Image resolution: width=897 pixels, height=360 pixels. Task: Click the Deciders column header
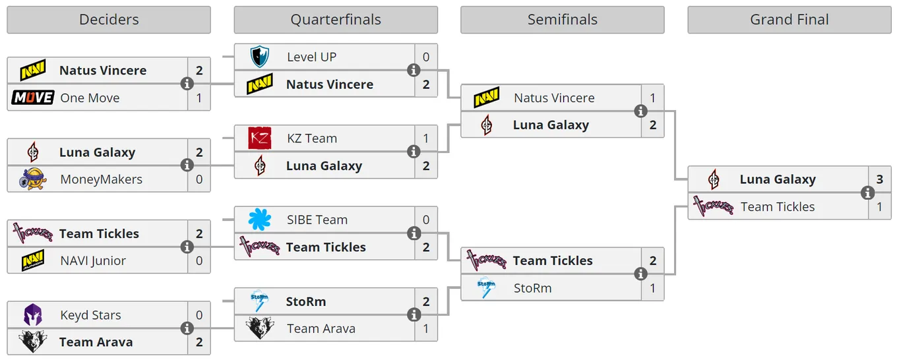click(x=109, y=20)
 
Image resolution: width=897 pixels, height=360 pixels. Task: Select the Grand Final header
click(x=789, y=20)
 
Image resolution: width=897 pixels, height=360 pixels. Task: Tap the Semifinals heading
click(x=562, y=20)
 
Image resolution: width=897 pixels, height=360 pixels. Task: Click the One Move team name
click(x=90, y=98)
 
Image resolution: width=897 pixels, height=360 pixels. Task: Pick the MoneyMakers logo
click(x=33, y=179)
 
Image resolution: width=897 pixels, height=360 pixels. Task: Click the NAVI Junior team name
click(x=93, y=260)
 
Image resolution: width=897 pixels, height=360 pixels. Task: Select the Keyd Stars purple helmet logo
click(x=33, y=315)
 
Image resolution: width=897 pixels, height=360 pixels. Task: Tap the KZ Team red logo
click(x=259, y=138)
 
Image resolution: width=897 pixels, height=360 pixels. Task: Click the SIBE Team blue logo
click(x=259, y=220)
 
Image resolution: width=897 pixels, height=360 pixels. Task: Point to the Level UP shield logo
click(x=259, y=57)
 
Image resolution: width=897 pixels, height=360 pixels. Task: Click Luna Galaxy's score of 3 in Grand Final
click(x=879, y=179)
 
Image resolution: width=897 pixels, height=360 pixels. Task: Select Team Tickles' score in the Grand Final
click(x=879, y=206)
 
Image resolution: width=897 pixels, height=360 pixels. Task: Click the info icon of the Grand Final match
click(x=867, y=193)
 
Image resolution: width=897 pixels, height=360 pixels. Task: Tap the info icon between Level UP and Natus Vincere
click(x=414, y=70)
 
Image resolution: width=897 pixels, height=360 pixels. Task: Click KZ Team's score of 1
click(x=425, y=138)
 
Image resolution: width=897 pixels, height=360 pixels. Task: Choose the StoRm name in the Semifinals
click(x=533, y=288)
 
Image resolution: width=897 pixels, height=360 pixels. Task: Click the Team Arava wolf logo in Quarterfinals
click(x=259, y=328)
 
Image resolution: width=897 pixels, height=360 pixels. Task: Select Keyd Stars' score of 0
click(x=199, y=315)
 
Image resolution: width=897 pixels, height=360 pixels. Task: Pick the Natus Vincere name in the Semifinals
click(x=554, y=98)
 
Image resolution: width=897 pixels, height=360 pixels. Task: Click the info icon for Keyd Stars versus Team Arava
click(x=187, y=328)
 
